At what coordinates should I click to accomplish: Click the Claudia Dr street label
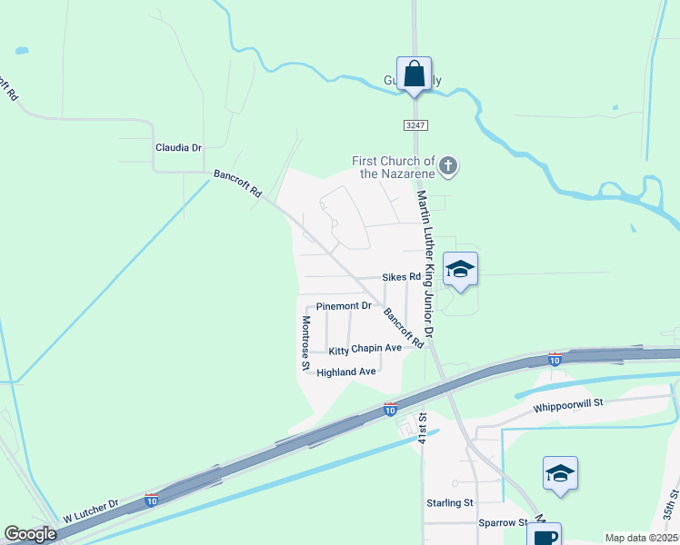click(x=178, y=146)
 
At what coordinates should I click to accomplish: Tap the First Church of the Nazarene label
click(x=394, y=167)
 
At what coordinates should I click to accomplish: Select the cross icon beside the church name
click(x=447, y=166)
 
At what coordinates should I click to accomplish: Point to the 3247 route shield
click(x=416, y=124)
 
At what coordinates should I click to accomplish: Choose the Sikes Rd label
click(x=401, y=277)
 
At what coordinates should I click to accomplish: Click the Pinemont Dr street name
click(x=344, y=306)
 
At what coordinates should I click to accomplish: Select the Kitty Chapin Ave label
click(x=365, y=349)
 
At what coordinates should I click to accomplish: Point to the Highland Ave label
click(x=346, y=372)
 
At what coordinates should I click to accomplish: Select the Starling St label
click(x=450, y=502)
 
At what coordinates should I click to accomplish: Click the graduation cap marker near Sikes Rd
click(x=461, y=269)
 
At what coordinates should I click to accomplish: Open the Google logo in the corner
click(x=30, y=535)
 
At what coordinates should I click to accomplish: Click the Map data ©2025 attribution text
click(x=641, y=538)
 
